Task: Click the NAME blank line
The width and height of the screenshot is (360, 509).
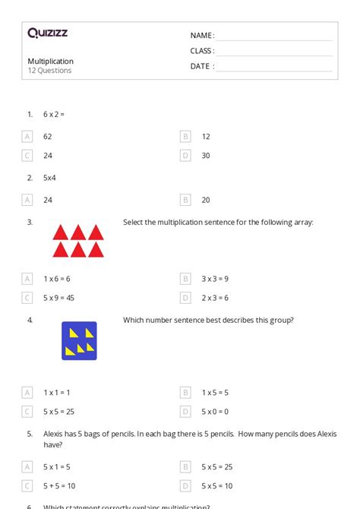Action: coord(274,36)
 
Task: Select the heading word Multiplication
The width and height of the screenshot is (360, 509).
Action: coord(50,61)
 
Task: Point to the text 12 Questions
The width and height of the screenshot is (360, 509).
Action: coord(49,71)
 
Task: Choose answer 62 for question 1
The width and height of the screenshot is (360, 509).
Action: coord(48,137)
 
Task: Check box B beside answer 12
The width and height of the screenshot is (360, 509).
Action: coord(185,137)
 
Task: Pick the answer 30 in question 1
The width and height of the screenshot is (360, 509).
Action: coord(206,156)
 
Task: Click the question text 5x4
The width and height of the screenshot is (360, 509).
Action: coord(49,178)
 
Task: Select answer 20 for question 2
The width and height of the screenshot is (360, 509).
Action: coord(206,200)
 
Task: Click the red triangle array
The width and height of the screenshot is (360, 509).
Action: coord(77,240)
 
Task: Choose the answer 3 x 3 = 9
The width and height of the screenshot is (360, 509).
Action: coord(215,279)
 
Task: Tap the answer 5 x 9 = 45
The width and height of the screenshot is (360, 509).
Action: coord(58,298)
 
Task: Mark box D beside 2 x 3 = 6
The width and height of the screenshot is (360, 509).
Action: coord(185,298)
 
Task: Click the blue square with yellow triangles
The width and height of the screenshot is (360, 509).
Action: coord(79,340)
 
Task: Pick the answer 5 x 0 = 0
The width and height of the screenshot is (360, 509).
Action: coord(215,412)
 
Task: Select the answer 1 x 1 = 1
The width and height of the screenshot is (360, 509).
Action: coord(56,393)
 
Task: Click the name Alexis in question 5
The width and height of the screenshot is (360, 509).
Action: coord(56,435)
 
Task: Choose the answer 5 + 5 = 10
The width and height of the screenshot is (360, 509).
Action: coord(59,486)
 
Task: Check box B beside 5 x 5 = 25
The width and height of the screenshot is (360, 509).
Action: coord(185,467)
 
